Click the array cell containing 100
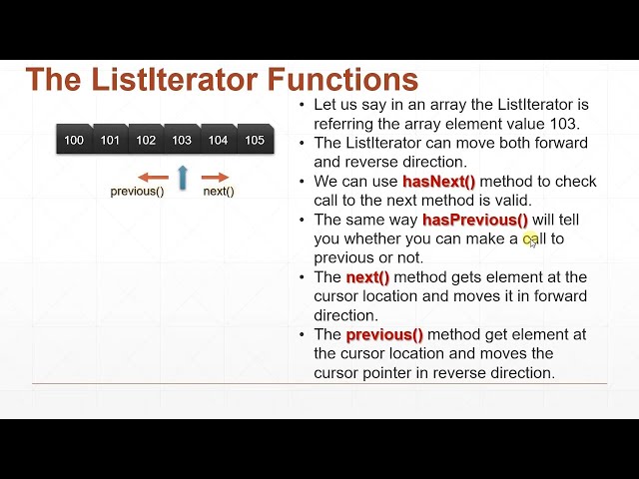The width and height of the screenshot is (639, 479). (x=74, y=141)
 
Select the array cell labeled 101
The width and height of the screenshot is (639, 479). (x=110, y=141)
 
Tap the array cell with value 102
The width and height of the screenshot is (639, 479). (x=146, y=141)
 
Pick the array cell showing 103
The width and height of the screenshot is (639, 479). (x=182, y=141)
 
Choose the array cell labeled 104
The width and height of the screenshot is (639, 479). (x=218, y=141)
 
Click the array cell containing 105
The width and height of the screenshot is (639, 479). (x=255, y=141)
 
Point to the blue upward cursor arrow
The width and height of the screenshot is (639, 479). (x=183, y=178)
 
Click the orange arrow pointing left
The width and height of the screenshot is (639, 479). (x=153, y=178)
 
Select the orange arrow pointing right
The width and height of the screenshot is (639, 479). (x=216, y=178)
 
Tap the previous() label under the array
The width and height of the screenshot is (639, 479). (x=138, y=192)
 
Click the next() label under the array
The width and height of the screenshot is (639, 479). (x=219, y=192)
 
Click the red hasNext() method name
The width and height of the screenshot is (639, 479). (x=439, y=182)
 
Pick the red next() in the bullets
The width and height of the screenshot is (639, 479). (x=367, y=277)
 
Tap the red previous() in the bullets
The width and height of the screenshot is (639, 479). (x=384, y=335)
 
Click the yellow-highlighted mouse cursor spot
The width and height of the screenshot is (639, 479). (x=531, y=239)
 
